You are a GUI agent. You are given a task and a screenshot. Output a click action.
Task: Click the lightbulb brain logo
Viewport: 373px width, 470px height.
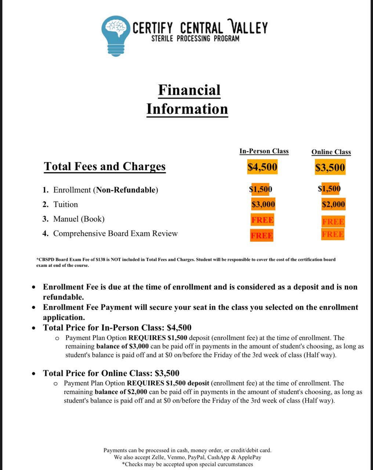116,35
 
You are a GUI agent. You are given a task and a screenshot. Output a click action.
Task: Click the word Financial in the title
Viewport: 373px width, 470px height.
189,90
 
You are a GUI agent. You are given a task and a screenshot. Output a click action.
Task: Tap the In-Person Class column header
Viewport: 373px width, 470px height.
264,151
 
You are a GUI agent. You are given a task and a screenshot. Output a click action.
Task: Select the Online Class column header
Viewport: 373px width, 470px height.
331,152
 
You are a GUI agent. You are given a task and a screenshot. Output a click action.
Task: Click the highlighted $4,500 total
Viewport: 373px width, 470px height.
262,167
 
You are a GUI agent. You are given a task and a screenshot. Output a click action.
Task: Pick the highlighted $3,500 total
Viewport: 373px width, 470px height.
330,168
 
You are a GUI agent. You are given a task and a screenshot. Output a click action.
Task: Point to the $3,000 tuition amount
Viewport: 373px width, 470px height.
263,204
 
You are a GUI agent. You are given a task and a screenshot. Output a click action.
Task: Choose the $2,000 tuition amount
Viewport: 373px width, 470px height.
333,205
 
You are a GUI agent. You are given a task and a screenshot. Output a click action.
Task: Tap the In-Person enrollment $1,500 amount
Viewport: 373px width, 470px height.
260,189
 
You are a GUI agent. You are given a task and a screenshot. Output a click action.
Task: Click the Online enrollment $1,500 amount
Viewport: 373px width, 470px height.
329,189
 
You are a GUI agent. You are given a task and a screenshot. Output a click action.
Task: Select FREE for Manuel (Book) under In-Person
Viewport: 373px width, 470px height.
262,220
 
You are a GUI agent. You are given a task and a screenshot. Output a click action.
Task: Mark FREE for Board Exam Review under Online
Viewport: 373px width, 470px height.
333,234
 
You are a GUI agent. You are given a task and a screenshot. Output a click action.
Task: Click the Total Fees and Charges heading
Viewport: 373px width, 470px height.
105,166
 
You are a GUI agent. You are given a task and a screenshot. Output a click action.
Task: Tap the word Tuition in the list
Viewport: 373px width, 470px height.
66,205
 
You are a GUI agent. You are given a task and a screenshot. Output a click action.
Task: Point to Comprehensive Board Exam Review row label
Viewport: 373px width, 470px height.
115,234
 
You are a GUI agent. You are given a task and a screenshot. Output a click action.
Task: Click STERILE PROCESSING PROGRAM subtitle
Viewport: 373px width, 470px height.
195,39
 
